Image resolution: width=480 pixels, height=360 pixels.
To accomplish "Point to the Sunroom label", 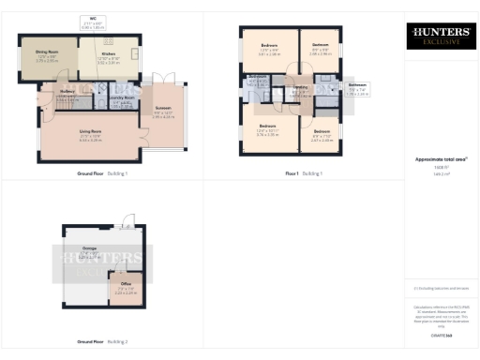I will pos(163,113).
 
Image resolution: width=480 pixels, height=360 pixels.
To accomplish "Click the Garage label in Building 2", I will pos(90,250).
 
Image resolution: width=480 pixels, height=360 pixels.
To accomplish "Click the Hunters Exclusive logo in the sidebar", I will pos(439,37).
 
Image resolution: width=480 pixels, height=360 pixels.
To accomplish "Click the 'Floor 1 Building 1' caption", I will pos(304,173).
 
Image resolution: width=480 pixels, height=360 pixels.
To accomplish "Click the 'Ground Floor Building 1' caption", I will pos(102,173).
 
